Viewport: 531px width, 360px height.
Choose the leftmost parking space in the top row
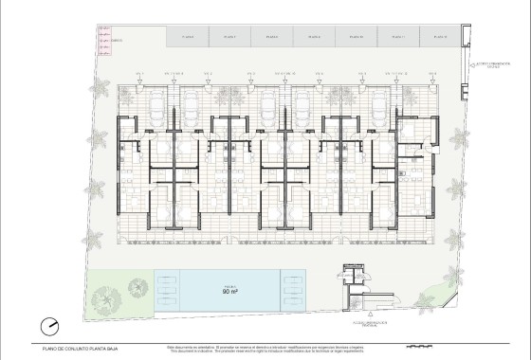click(x=187, y=37)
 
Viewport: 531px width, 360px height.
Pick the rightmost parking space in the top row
click(x=436, y=37)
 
